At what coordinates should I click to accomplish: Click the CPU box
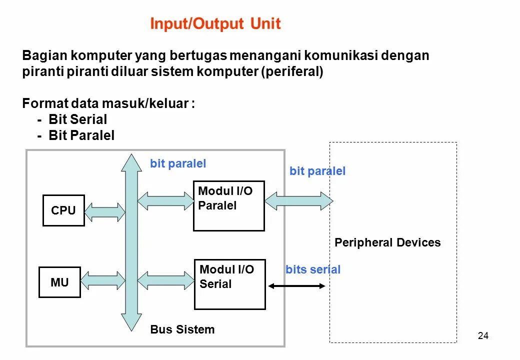(63, 210)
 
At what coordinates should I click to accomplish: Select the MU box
(59, 282)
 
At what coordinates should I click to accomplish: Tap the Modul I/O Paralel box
(228, 205)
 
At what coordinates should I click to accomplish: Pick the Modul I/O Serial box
(229, 284)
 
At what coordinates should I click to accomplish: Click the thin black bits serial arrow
(296, 286)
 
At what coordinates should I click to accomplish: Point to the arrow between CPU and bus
(104, 211)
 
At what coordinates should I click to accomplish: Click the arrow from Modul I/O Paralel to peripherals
(298, 200)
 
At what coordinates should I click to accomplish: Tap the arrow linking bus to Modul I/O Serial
(165, 280)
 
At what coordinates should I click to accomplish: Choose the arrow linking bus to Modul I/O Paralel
(165, 201)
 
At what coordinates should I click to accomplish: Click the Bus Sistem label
(182, 329)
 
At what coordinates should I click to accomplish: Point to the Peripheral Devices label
(387, 243)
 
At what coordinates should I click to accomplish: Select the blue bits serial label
(313, 270)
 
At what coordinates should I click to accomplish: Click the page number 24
(483, 336)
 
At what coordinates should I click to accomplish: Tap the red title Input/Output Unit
(215, 24)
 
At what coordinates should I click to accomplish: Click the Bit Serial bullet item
(77, 119)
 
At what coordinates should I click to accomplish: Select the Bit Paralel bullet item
(81, 135)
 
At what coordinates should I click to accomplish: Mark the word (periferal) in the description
(292, 71)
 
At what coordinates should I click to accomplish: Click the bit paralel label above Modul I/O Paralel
(178, 163)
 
